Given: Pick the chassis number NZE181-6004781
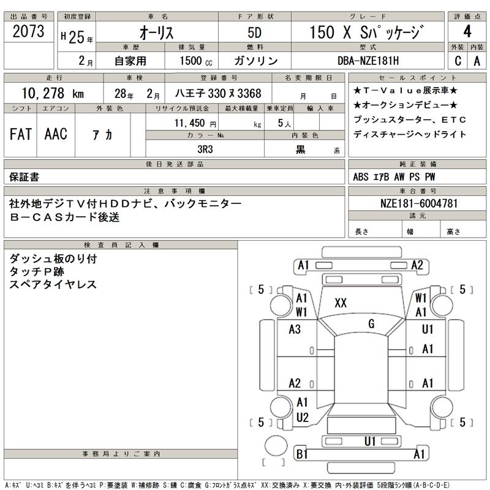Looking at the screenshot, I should click(417, 203).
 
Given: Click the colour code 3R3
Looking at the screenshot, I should click(205, 149).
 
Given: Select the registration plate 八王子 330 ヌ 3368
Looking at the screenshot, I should click(218, 94).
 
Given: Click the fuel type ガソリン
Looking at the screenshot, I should click(256, 61).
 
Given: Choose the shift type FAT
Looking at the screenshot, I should click(21, 135).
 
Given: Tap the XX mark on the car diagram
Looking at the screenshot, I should click(341, 303).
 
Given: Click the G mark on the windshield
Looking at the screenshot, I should click(371, 323).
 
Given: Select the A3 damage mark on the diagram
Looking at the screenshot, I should click(295, 330).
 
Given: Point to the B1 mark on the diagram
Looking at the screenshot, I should click(301, 454).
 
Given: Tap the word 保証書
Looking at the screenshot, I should click(23, 177).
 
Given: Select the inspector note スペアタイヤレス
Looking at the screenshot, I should click(53, 285).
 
